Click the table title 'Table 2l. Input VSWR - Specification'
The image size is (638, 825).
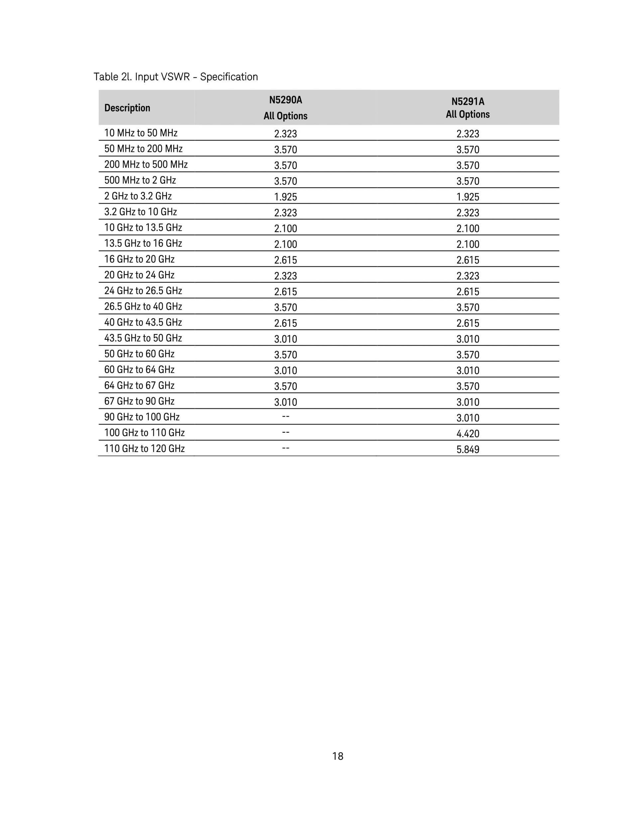[176, 77]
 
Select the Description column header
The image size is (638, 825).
[127, 108]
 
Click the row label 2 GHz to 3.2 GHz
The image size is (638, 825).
[138, 196]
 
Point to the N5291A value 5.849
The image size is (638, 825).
[468, 449]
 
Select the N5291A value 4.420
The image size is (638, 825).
[468, 434]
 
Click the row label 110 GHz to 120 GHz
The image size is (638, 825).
[145, 448]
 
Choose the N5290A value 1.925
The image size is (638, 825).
[285, 197]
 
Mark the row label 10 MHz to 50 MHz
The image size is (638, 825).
[141, 133]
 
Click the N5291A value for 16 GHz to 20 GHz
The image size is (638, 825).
[468, 260]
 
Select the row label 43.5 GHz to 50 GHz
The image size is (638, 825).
[143, 338]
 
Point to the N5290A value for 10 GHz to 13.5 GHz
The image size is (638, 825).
[285, 229]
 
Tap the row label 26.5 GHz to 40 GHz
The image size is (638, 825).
[143, 306]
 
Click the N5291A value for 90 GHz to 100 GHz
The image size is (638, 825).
[468, 418]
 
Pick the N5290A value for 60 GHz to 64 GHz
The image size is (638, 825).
[285, 371]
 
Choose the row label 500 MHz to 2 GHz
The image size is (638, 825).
[140, 180]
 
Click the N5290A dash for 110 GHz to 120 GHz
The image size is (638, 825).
[286, 448]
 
